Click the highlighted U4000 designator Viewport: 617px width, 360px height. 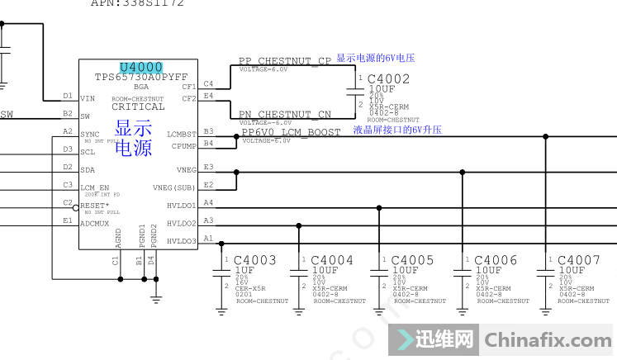pos(141,67)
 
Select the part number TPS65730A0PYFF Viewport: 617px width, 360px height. pos(141,77)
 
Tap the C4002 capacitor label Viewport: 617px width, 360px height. pos(388,78)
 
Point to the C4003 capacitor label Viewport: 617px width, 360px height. pos(255,261)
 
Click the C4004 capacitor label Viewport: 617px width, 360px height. pos(332,261)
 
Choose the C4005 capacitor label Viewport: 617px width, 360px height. pos(412,261)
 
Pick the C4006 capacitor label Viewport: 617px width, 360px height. pos(496,261)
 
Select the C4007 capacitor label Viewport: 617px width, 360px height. pos(578,261)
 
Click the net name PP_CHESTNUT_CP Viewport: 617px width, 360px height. pos(284,61)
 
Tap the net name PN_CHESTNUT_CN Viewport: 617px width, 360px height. pos(284,115)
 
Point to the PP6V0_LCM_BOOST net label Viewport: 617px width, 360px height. pos(291,132)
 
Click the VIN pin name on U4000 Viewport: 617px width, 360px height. pos(88,98)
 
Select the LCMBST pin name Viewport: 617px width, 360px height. pos(182,134)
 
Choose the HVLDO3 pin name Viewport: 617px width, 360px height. pos(182,241)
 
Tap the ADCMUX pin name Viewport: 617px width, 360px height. pos(94,223)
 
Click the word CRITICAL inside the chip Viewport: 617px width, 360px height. pos(138,107)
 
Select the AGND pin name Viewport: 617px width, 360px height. pos(119,239)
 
